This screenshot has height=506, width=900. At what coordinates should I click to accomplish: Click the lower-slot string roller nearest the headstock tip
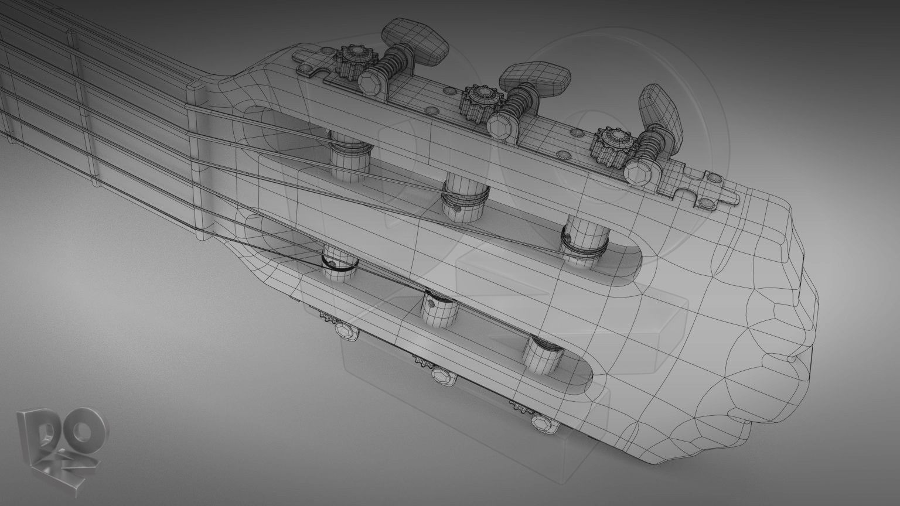pos(543,354)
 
